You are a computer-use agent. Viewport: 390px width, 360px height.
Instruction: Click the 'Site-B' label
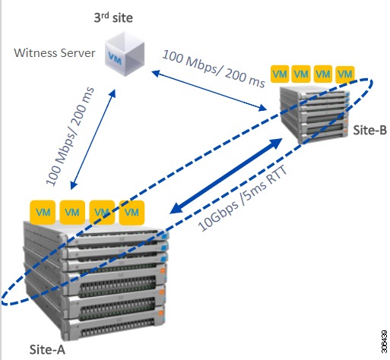click(x=369, y=130)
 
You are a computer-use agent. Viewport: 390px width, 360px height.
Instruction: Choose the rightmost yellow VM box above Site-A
click(x=134, y=210)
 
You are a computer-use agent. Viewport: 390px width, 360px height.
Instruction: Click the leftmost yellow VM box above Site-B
click(x=280, y=74)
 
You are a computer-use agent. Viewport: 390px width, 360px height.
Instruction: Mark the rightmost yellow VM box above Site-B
click(x=346, y=74)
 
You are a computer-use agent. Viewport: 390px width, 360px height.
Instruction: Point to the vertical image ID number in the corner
click(x=380, y=338)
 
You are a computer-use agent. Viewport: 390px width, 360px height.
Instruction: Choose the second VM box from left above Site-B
click(x=302, y=74)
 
